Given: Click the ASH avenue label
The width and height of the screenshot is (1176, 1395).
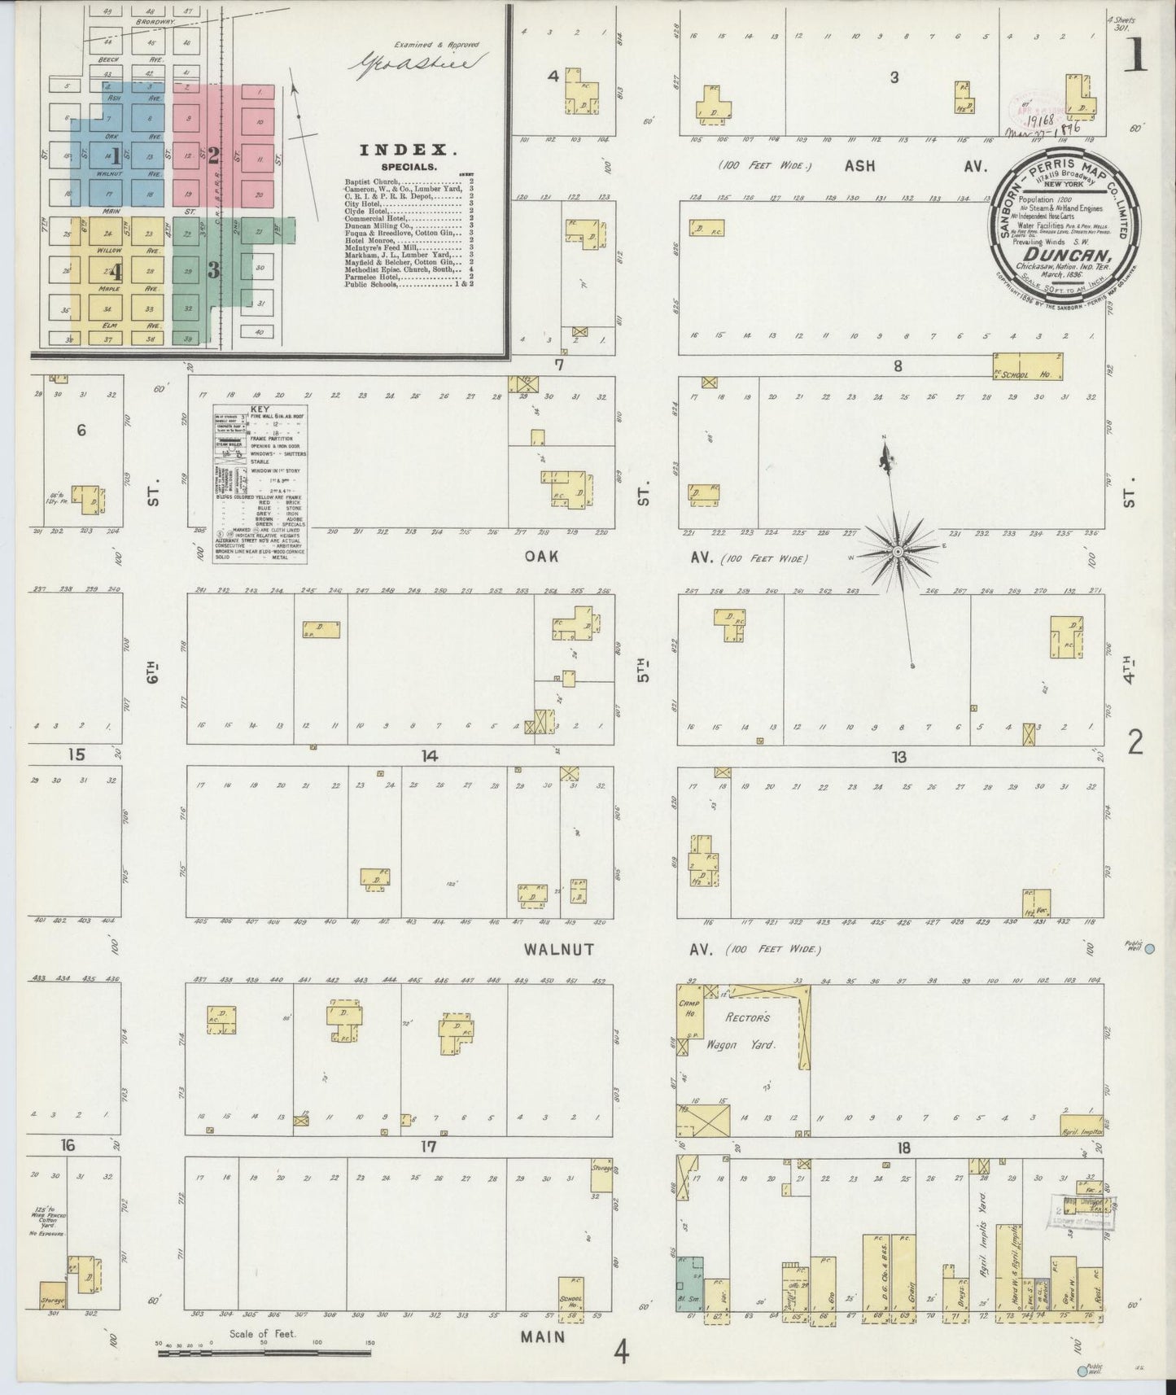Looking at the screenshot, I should click(x=859, y=166).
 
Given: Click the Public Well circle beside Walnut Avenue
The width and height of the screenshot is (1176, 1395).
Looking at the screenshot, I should click(x=1150, y=949).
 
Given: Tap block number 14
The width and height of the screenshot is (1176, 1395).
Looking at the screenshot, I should click(x=429, y=756).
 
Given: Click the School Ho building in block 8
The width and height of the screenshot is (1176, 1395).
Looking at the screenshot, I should click(x=1028, y=366).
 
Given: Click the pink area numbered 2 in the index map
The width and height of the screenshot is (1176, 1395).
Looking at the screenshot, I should click(x=213, y=155).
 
